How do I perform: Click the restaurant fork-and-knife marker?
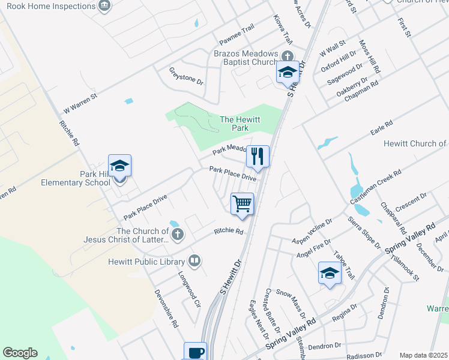click(x=258, y=157)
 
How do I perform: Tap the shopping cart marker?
click(x=242, y=203)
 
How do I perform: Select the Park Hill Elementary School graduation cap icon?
click(x=119, y=166)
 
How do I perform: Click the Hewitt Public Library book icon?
click(x=194, y=261)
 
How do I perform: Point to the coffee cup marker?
click(x=195, y=352)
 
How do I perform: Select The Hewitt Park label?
click(x=240, y=124)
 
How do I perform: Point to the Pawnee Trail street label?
click(x=237, y=35)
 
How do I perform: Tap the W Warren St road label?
click(x=80, y=103)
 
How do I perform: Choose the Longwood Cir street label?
click(x=189, y=288)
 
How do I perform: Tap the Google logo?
click(x=20, y=353)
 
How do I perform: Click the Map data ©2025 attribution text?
click(x=423, y=355)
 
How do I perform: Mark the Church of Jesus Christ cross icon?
click(x=176, y=235)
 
